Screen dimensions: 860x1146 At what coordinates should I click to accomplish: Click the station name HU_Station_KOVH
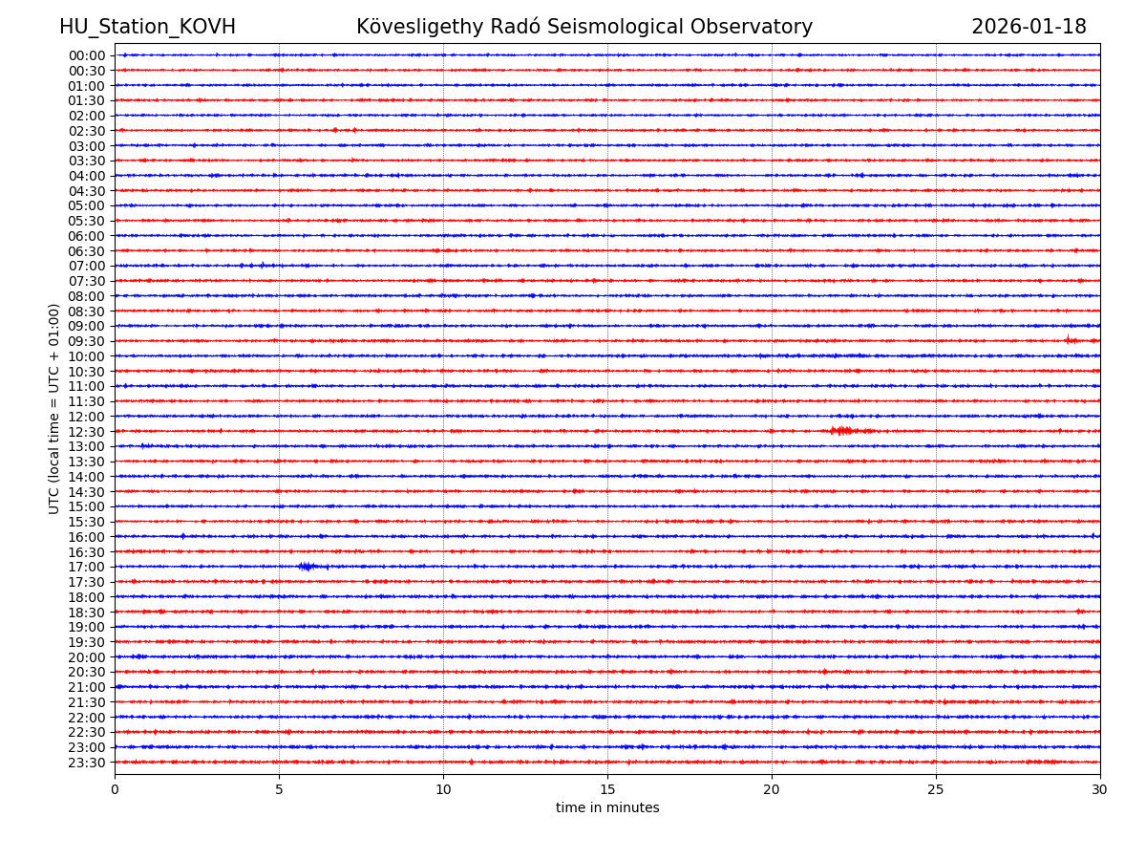tap(147, 28)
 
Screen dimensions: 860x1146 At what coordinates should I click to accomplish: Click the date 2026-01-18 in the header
tap(1029, 28)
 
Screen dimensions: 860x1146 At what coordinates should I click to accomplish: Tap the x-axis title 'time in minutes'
tap(607, 808)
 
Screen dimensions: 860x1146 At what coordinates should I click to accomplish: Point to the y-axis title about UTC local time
tap(54, 409)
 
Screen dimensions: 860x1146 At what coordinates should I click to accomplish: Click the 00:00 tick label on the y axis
tap(87, 55)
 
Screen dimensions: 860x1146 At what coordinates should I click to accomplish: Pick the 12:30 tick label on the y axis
tap(87, 432)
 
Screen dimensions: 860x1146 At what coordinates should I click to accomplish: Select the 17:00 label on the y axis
tap(87, 567)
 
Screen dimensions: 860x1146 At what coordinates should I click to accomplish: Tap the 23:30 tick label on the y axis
tap(87, 763)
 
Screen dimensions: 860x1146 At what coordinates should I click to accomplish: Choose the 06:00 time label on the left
tap(87, 236)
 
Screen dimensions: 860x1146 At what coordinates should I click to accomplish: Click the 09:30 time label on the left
tap(87, 341)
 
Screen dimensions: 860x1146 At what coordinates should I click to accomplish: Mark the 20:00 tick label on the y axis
tap(87, 657)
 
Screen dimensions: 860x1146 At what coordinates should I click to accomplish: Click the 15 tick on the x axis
tap(607, 790)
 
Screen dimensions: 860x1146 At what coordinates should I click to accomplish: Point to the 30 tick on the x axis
tap(1100, 790)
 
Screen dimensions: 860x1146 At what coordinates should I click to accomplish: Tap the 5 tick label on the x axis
tap(279, 790)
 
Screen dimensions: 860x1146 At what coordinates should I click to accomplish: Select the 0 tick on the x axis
tap(115, 790)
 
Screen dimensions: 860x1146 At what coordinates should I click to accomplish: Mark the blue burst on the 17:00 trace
tap(306, 567)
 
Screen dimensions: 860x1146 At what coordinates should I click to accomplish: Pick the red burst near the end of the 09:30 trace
tap(1072, 340)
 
